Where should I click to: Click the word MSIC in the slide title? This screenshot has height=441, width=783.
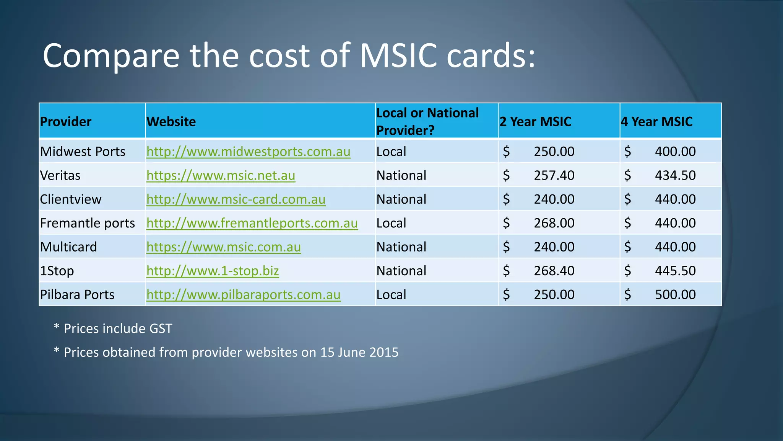pos(398,56)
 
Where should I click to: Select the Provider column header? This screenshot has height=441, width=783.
pos(66,122)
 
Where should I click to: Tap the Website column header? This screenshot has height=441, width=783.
pos(171,122)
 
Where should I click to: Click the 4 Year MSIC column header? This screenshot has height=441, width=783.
pos(656,122)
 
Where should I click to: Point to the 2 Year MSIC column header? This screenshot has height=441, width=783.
pos(535,122)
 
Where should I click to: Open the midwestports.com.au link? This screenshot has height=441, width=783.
pos(249,152)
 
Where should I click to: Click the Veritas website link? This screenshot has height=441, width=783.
pos(221,175)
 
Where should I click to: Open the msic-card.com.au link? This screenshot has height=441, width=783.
pos(236,199)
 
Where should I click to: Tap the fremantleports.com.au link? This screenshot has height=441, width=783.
pos(252,223)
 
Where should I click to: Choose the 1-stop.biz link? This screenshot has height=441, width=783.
pos(213,271)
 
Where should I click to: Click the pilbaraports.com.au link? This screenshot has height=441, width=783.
pos(244,295)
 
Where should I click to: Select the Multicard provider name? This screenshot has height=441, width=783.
pos(69,247)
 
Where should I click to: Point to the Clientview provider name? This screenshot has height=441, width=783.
pos(71,199)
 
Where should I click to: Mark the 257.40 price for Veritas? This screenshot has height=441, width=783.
pos(554,175)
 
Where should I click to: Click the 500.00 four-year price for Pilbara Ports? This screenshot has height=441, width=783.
pos(675,295)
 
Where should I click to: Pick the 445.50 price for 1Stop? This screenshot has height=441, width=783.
pos(675,271)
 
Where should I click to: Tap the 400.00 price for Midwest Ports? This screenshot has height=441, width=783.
pos(675,152)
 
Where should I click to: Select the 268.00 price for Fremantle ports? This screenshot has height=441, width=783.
pos(554,223)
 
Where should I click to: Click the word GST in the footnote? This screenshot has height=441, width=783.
pos(161,329)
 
